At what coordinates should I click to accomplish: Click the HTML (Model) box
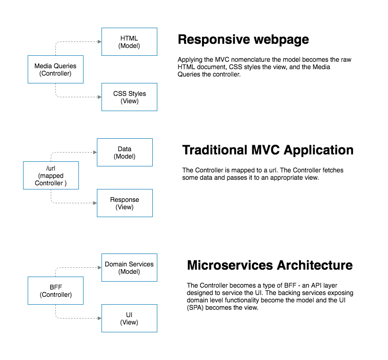pos(129,42)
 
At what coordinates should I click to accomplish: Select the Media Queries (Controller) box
pos(55,70)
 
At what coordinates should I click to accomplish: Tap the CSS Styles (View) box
pos(129,97)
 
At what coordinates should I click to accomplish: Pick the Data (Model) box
pos(125,153)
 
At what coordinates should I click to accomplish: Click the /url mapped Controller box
pos(51,176)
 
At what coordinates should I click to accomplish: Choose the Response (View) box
pos(125,203)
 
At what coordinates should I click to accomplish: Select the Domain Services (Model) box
pos(129,268)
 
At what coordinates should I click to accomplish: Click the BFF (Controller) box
pos(55,291)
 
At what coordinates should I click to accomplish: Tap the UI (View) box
pos(129,319)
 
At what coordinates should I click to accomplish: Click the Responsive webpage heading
pos(243,40)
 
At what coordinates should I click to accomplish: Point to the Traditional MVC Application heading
pos(268,150)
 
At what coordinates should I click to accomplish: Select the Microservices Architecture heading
pos(269,266)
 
